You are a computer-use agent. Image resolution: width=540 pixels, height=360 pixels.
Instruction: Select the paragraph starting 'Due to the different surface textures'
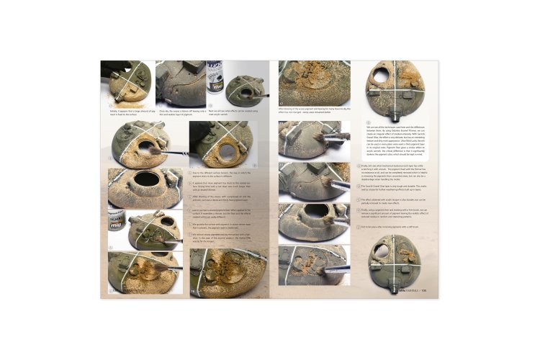[x=220, y=174]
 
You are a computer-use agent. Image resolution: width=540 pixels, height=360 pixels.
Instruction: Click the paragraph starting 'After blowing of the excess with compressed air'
[x=220, y=198]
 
